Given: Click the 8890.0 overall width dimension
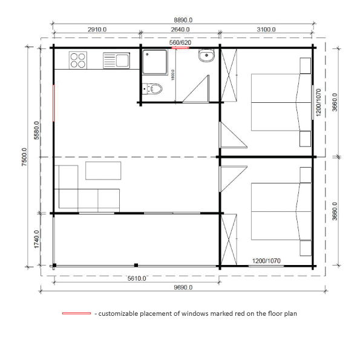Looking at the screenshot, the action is click(183, 20).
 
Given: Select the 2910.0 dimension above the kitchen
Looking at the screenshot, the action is click(97, 30).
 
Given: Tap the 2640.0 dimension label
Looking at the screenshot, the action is click(180, 30).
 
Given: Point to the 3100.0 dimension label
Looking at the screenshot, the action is click(266, 30).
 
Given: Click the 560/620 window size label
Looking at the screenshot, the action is click(180, 42).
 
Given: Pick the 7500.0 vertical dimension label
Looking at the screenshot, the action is click(24, 157).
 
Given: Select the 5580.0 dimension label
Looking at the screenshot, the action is click(36, 131).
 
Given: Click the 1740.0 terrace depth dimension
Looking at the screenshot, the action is click(36, 239).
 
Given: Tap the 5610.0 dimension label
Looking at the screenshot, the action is click(137, 278).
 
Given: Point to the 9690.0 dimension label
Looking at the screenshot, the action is click(183, 287).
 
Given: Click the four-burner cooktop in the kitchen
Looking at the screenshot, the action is click(78, 60).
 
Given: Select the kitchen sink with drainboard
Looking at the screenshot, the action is click(116, 61).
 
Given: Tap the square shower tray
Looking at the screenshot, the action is click(155, 62).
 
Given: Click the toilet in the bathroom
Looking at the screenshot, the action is click(152, 88).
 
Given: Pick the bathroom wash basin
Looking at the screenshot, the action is click(206, 56).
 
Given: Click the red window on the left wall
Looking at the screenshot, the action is click(53, 103).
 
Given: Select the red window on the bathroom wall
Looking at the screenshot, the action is click(180, 48).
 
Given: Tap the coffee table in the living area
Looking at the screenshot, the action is click(103, 171).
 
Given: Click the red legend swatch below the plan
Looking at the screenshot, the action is click(76, 313).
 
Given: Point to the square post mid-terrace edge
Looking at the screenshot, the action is click(136, 265).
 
